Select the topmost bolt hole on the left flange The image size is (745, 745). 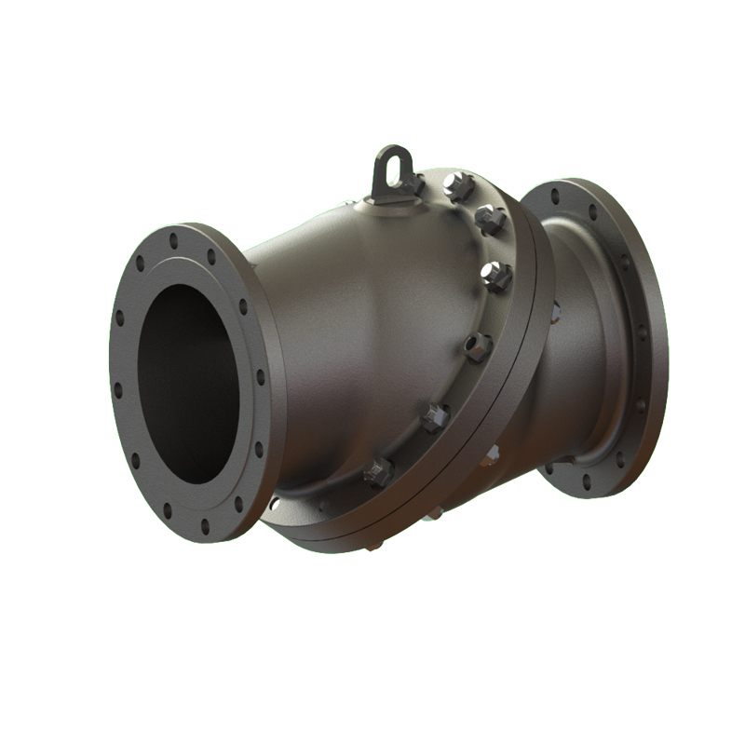point(173,240)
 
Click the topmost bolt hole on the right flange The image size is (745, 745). point(556,196)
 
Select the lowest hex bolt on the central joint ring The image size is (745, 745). point(378,473)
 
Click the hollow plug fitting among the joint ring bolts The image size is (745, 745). point(478,346)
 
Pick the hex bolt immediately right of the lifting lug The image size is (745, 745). point(457,186)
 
